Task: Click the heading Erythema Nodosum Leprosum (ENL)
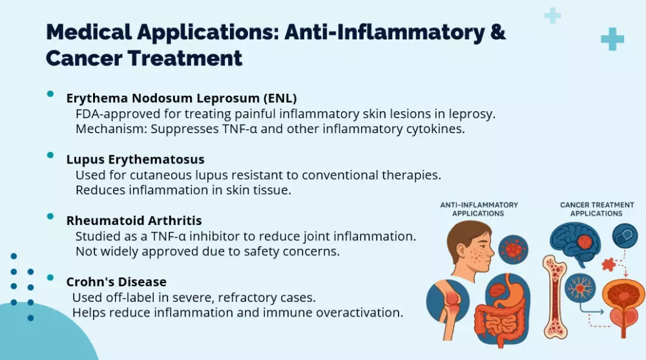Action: pos(182,98)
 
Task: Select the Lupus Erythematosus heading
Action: pos(135,159)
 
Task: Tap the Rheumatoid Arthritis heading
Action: pos(134,220)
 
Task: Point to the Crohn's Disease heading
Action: pos(116,282)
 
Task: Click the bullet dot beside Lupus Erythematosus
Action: pos(50,155)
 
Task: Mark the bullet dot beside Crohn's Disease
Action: pos(50,277)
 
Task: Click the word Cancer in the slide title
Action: pos(83,58)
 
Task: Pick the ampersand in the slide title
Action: pos(498,32)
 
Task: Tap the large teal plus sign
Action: pos(612,39)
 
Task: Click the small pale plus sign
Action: pos(552,16)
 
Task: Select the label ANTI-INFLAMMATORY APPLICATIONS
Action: pos(479,209)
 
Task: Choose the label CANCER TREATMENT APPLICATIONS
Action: pos(596,209)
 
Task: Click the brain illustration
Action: pos(575,243)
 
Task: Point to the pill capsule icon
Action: pos(625,236)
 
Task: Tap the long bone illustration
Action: pos(555,297)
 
